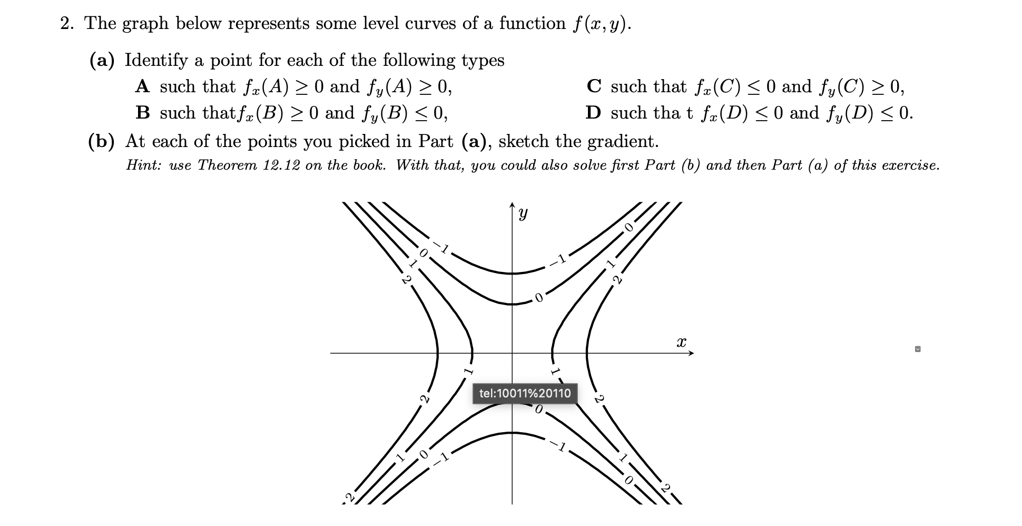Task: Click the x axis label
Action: pos(681,343)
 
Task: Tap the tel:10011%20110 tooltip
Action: pos(525,393)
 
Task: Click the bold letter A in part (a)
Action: pos(142,86)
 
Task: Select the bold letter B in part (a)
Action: pos(142,113)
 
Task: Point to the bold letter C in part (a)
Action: pos(594,86)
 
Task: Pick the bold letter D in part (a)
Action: pos(593,113)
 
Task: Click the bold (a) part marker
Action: pos(102,61)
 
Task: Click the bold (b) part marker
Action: pos(102,141)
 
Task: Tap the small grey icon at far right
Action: pos(918,349)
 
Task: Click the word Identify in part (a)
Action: pos(156,61)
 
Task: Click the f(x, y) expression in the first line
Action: pos(601,24)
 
